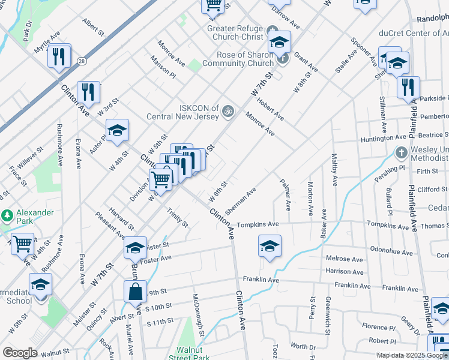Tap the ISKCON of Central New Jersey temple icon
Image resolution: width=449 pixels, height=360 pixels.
(x=228, y=110)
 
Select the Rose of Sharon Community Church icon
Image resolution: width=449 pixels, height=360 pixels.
(x=283, y=58)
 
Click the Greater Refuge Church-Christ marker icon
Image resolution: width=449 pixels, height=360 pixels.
(x=273, y=29)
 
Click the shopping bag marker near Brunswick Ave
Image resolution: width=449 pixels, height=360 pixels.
(x=136, y=292)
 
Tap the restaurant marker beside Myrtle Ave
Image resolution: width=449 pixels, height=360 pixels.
(x=59, y=56)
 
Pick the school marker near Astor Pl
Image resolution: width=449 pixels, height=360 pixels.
(x=118, y=130)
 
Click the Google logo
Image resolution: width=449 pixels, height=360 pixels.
(x=20, y=353)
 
